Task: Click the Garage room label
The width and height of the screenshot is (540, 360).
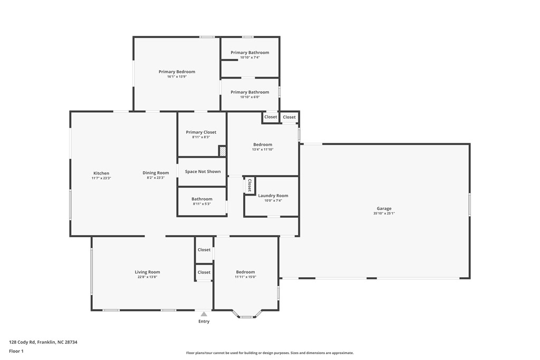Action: pos(384,209)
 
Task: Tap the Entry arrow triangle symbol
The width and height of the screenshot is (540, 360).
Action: pos(204,314)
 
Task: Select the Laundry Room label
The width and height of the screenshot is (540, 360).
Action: pos(273,196)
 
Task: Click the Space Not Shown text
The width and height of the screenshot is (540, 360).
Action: pos(202,172)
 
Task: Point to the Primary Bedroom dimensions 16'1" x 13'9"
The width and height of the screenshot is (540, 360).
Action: pos(177,77)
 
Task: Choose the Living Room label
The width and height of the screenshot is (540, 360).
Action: pos(147,272)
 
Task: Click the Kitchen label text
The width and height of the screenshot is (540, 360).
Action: pos(101,173)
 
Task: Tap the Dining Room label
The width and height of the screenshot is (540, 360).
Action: pos(156,173)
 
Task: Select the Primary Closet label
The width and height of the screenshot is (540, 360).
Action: pos(201,132)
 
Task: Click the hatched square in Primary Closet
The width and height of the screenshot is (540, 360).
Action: pos(223,151)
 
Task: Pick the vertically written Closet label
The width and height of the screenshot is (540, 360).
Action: pos(249,185)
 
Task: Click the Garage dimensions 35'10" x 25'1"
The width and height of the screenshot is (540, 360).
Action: pos(384,213)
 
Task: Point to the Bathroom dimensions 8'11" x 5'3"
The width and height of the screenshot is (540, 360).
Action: pos(202,204)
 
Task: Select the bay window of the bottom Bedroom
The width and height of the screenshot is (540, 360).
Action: pos(246,316)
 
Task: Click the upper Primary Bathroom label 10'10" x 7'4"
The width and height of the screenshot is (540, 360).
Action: pos(249,53)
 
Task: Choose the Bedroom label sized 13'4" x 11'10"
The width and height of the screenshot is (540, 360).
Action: pos(263,145)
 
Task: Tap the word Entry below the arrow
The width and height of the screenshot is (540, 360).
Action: pos(204,322)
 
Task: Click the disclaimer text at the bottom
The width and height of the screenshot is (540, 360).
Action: pos(269,353)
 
